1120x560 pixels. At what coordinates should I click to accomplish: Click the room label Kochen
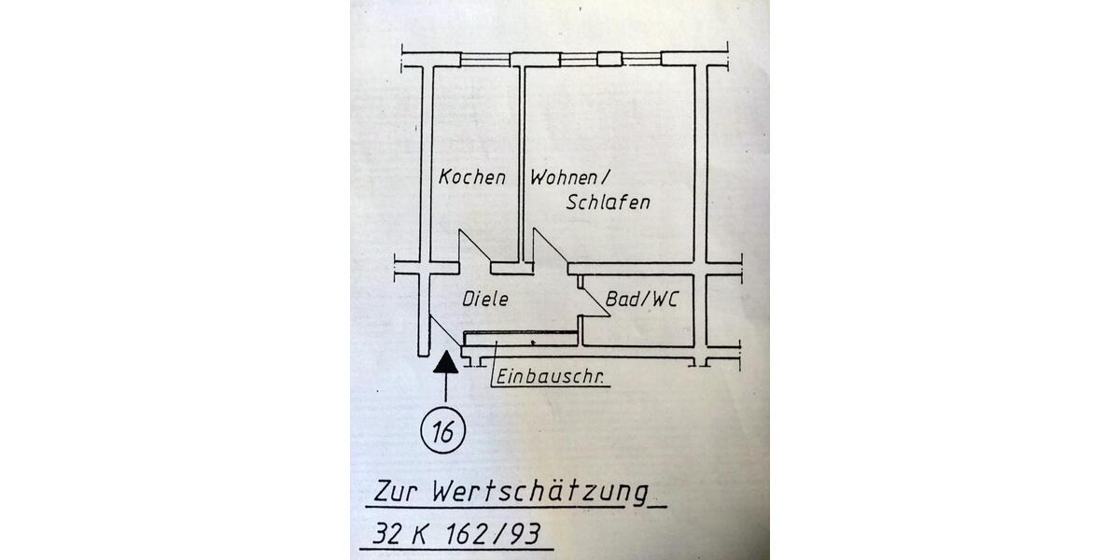(x=472, y=176)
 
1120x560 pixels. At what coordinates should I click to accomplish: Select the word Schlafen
(x=608, y=203)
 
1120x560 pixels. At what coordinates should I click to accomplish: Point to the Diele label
(x=485, y=300)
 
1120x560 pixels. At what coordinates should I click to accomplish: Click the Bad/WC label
(x=641, y=301)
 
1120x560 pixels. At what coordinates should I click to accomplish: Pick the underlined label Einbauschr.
(x=549, y=378)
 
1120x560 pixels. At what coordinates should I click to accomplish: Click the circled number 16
(x=445, y=431)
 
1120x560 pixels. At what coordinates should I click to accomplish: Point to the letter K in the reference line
(x=420, y=535)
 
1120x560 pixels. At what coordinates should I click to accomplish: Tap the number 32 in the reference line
(x=385, y=535)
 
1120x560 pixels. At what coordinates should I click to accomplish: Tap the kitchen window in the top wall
(x=485, y=59)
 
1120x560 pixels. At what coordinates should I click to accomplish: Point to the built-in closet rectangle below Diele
(x=523, y=340)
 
